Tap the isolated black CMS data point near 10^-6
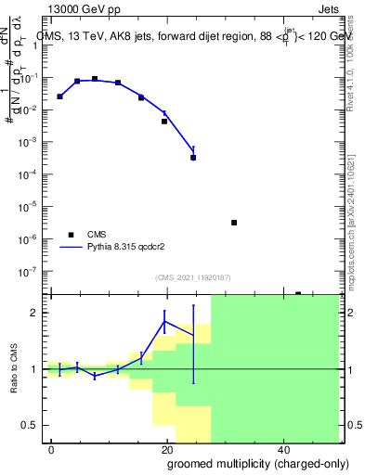(x=234, y=223)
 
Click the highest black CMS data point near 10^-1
(x=95, y=79)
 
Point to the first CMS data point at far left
(x=60, y=96)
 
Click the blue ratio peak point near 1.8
(x=164, y=322)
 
